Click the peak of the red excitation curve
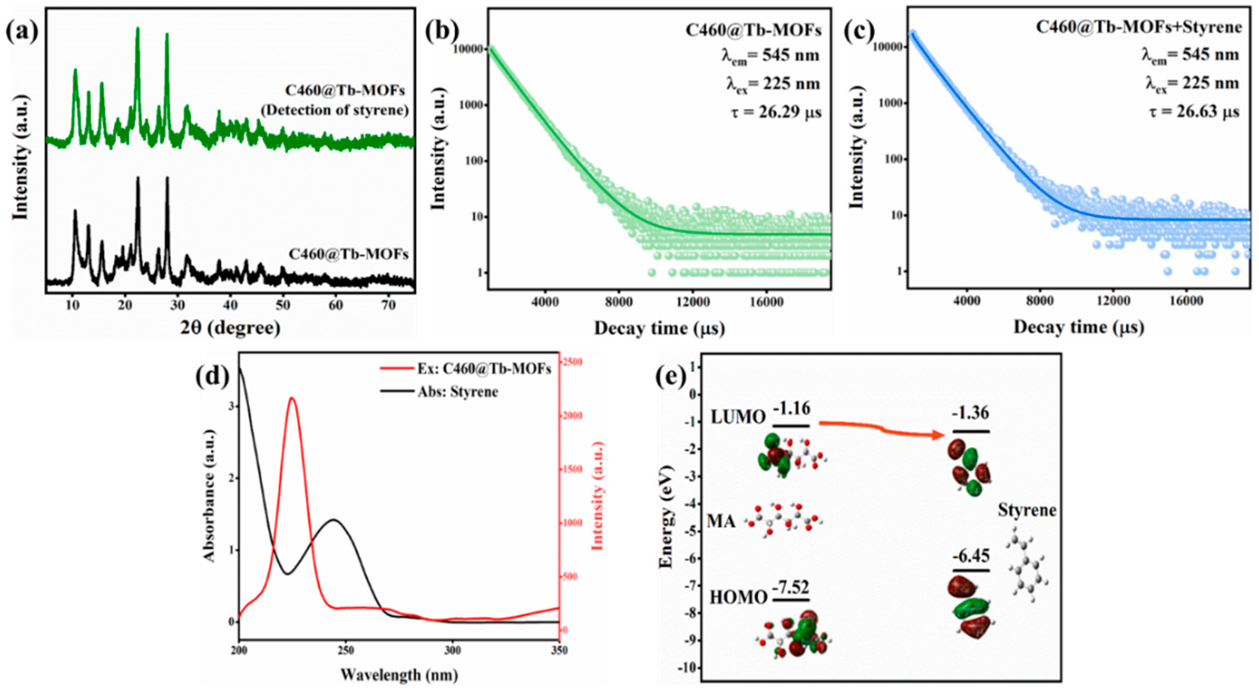point(292,398)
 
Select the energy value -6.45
point(971,556)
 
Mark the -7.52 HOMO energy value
point(791,586)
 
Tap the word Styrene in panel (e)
point(1027,510)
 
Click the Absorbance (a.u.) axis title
point(209,509)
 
